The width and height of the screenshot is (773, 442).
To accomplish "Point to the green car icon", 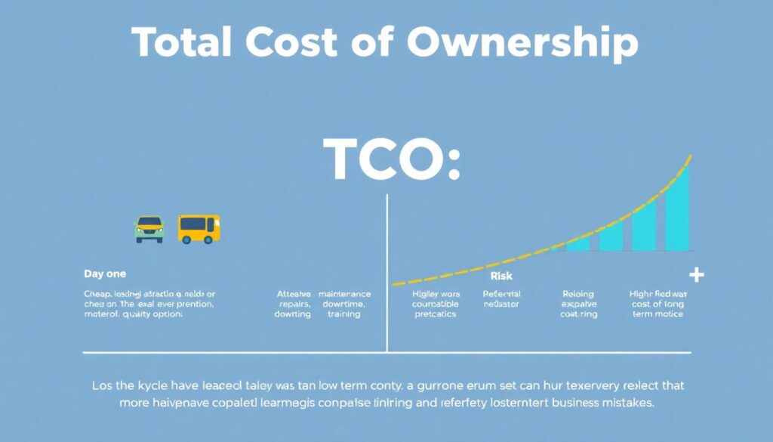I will click(x=149, y=229).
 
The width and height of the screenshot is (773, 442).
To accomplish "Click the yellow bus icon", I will click(x=199, y=228).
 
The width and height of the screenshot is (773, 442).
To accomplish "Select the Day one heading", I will click(x=105, y=274).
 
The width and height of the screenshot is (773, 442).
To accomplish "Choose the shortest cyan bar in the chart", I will click(x=577, y=243).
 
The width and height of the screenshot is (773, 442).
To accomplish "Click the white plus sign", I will click(x=696, y=275).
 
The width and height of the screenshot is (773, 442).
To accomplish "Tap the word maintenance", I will click(x=344, y=294).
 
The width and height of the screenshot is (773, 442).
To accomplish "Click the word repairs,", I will click(x=293, y=304).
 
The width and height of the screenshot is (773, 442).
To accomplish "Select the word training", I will click(x=344, y=314).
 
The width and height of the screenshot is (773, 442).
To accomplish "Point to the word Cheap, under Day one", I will click(x=99, y=294).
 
